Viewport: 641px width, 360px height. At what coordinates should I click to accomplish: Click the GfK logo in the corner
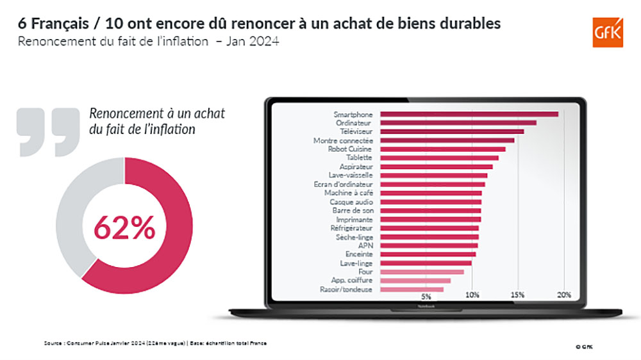[607, 31]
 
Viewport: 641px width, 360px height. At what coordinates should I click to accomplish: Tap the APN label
[366, 245]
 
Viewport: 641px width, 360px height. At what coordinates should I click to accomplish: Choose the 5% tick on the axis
[426, 296]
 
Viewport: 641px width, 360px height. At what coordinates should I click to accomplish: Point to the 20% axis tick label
[563, 295]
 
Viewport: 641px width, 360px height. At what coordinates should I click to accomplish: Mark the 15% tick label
[518, 295]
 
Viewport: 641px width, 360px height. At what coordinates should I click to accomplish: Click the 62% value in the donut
[124, 227]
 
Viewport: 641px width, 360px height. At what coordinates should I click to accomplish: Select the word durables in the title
[467, 24]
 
